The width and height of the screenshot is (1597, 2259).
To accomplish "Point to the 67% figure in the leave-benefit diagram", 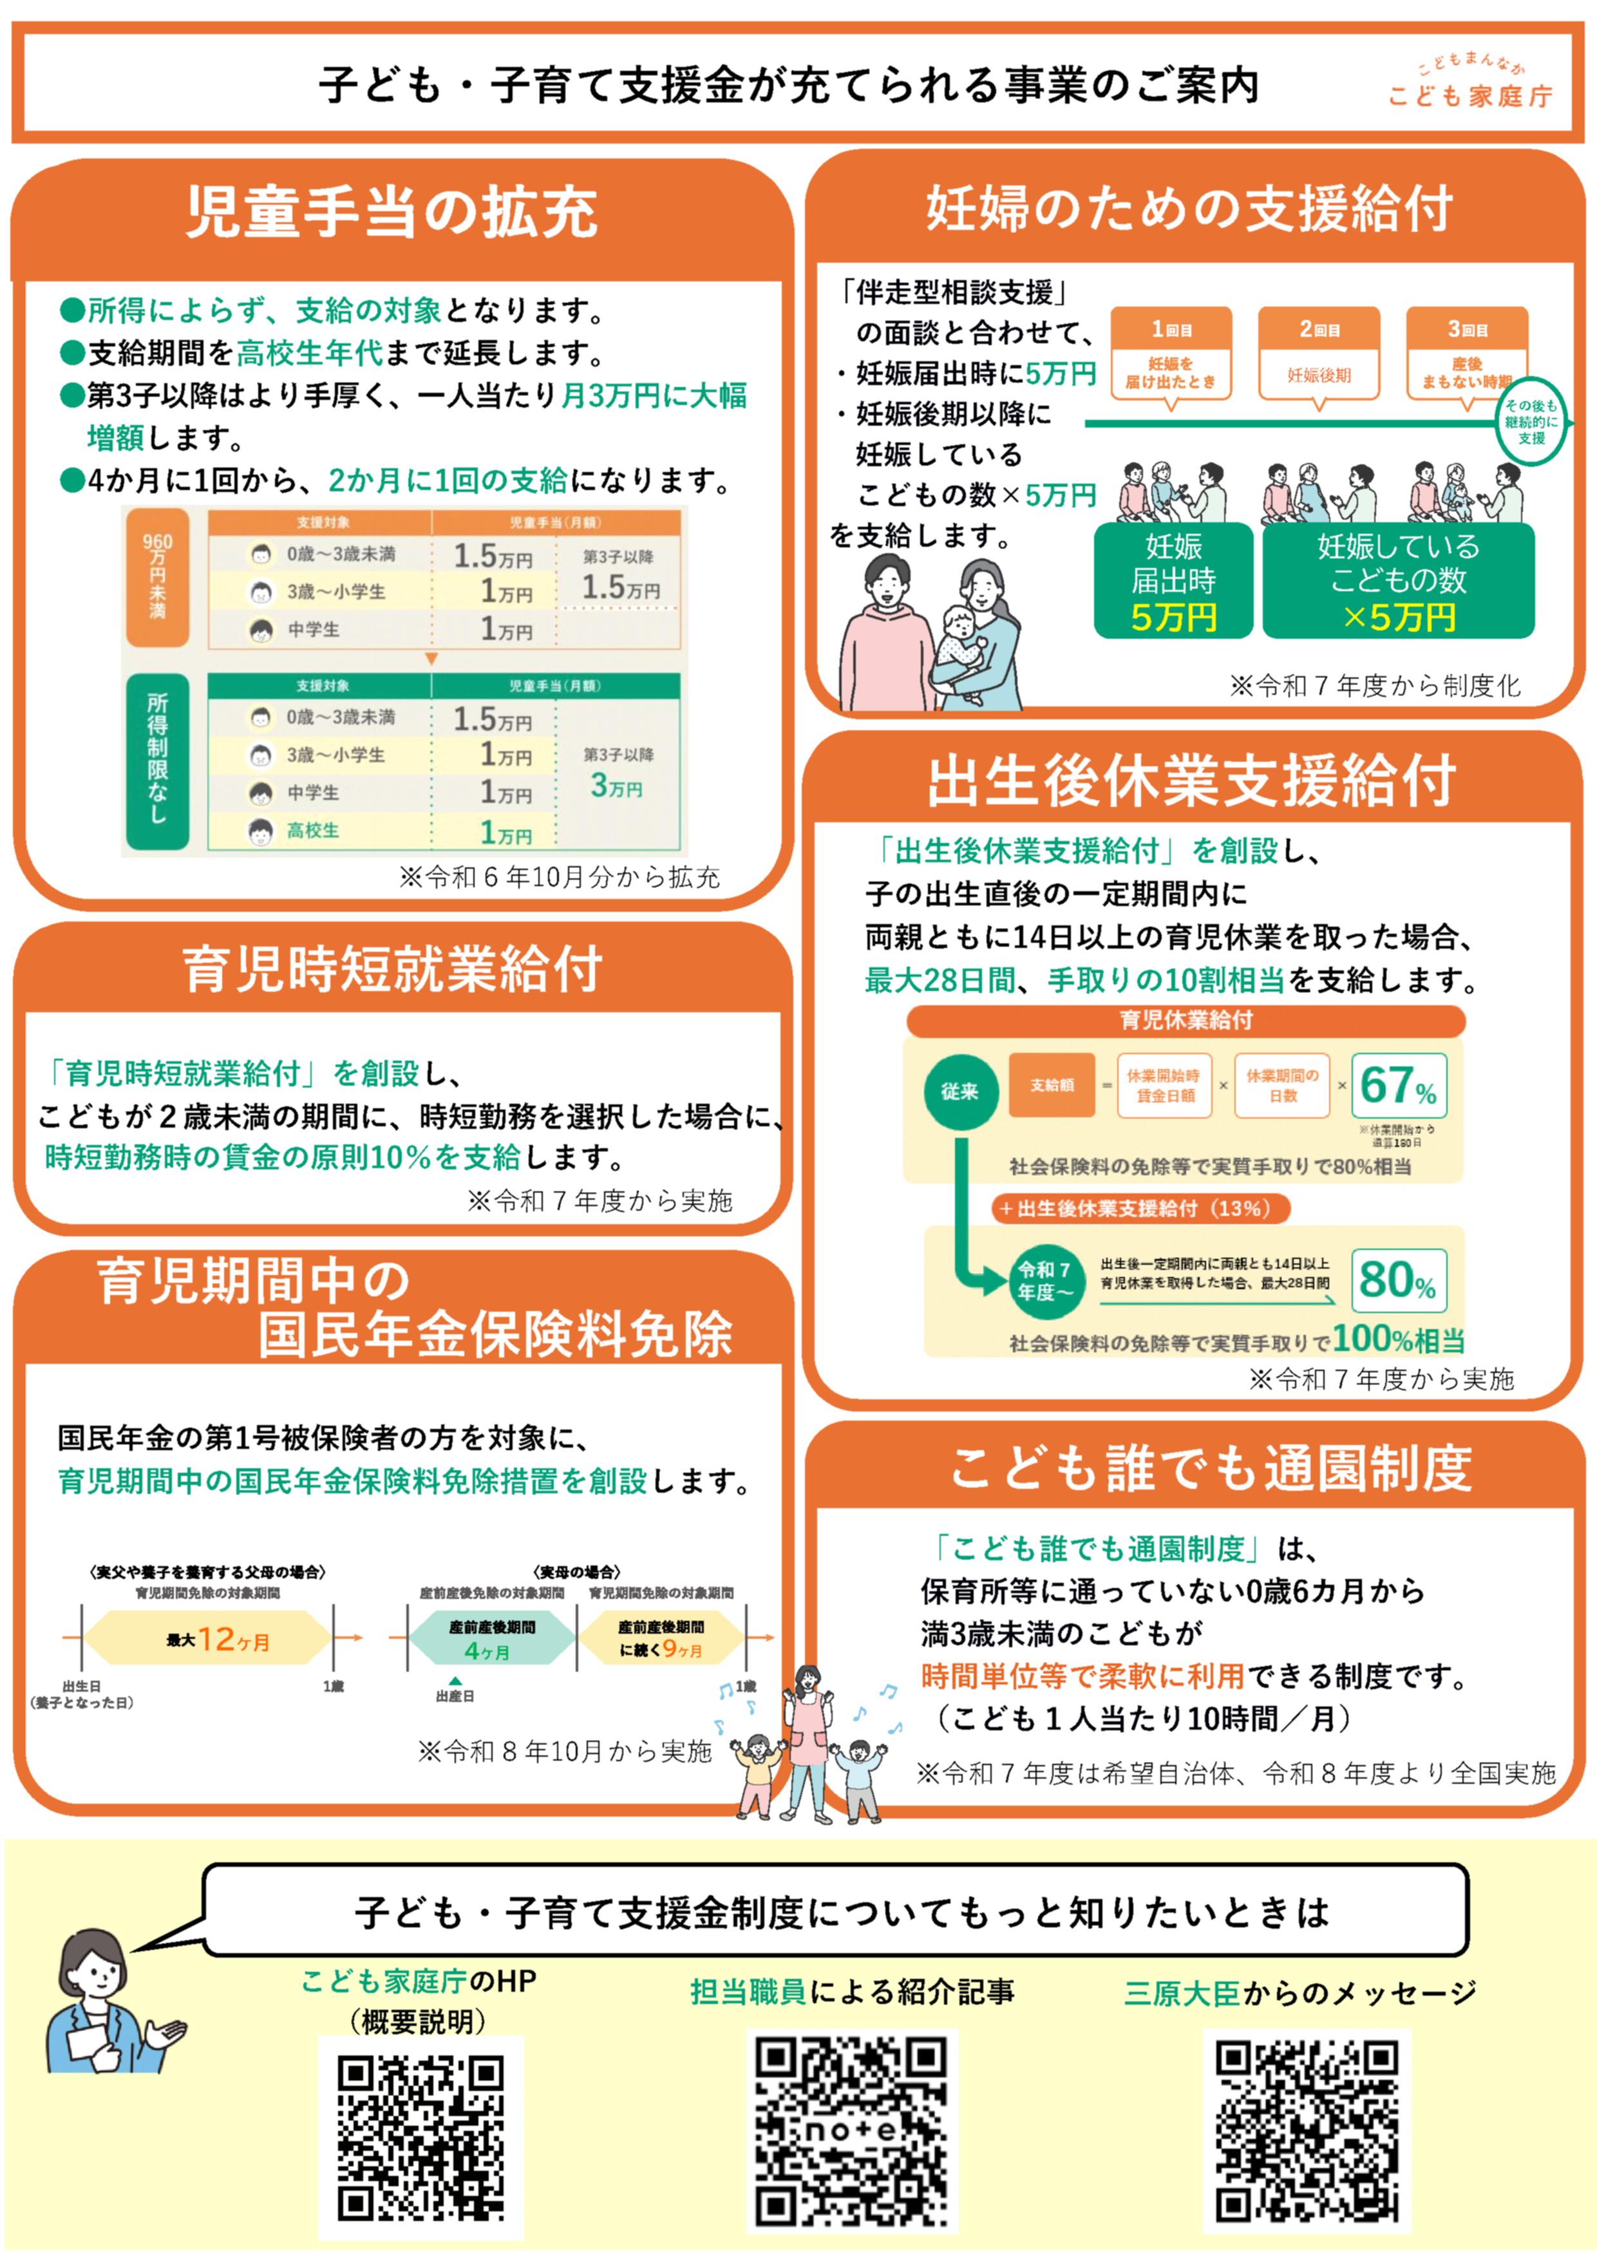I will (x=1397, y=1086).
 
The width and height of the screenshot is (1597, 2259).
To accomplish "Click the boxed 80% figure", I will (x=1397, y=1280).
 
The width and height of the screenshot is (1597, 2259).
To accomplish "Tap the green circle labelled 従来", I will (x=958, y=1091).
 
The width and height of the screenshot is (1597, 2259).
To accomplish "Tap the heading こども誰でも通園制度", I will (x=1210, y=1469).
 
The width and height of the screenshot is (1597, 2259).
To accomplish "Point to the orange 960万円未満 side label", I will (x=157, y=576).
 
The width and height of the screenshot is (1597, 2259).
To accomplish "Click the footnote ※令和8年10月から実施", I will (x=564, y=1752).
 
